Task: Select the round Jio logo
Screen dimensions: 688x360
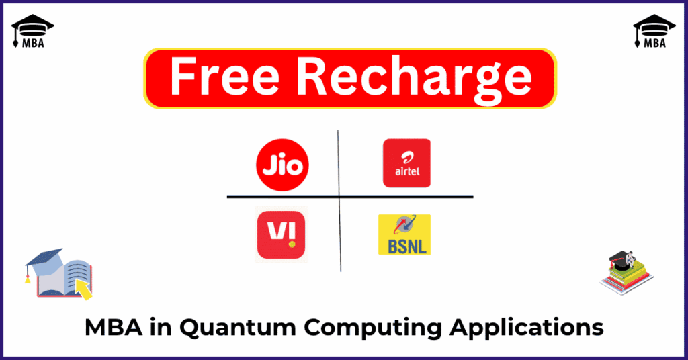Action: pyautogui.click(x=282, y=165)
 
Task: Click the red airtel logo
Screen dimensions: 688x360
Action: pyautogui.click(x=406, y=163)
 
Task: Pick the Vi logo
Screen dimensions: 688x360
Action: pyautogui.click(x=282, y=234)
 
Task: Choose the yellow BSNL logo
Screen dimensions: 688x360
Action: pyautogui.click(x=404, y=234)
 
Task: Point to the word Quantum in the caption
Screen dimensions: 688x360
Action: pyautogui.click(x=238, y=328)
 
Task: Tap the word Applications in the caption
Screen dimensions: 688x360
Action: pyautogui.click(x=526, y=328)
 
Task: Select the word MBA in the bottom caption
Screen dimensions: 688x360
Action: pyautogui.click(x=113, y=328)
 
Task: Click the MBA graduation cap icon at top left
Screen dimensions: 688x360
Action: pyautogui.click(x=32, y=31)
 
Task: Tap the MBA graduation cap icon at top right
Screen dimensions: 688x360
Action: pyautogui.click(x=654, y=31)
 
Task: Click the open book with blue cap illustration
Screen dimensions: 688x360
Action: pyautogui.click(x=59, y=274)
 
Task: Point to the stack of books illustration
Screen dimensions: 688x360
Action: pyautogui.click(x=627, y=273)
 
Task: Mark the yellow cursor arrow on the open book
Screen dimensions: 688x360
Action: pyautogui.click(x=83, y=289)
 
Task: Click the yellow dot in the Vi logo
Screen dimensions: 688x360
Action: pyautogui.click(x=292, y=244)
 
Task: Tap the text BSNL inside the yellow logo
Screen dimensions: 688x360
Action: pyautogui.click(x=407, y=246)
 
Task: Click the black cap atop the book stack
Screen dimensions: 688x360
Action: pyautogui.click(x=620, y=261)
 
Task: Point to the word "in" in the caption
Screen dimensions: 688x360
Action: pyautogui.click(x=161, y=328)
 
